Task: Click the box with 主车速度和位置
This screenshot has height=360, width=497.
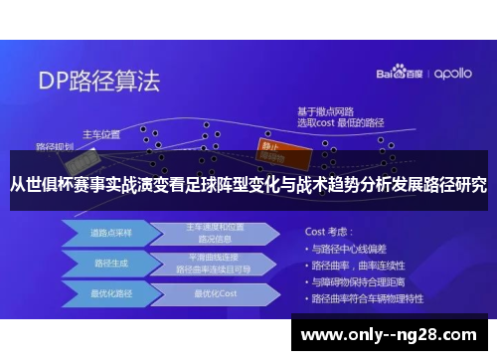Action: coord(208,233)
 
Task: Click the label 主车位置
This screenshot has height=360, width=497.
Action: coord(100,133)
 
